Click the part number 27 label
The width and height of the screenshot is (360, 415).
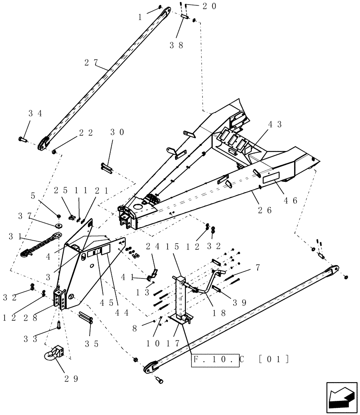tap(91, 63)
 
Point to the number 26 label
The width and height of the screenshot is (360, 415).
tap(264, 210)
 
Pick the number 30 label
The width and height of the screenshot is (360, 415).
tap(118, 133)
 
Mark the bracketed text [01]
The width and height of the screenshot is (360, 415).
tap(273, 359)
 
